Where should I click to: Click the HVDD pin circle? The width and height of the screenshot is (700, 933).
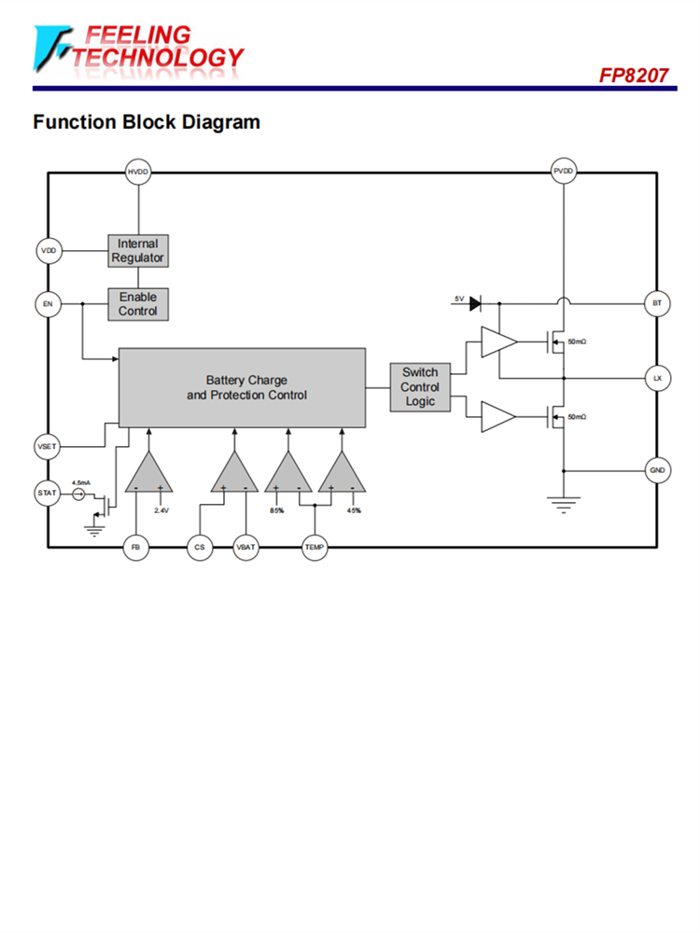[x=138, y=172]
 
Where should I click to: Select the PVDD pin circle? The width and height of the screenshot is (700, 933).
[x=564, y=172]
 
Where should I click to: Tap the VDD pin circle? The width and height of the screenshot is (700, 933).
[x=48, y=251]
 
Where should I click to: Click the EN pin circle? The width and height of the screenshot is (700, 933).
[x=48, y=304]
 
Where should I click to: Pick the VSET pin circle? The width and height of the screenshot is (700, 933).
[x=48, y=446]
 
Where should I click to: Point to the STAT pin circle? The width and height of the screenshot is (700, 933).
[x=48, y=492]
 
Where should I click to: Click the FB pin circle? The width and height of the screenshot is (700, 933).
[x=136, y=548]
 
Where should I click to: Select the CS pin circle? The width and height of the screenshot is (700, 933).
[x=200, y=548]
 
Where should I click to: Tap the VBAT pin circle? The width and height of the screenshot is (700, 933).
[x=245, y=548]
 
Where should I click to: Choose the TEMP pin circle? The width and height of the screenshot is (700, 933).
[x=315, y=548]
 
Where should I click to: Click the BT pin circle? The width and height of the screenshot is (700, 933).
[x=657, y=304]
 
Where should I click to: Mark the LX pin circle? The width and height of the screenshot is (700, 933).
[x=657, y=378]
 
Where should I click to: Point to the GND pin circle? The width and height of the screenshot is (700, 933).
[x=657, y=470]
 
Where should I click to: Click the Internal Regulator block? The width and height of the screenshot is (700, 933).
[x=138, y=251]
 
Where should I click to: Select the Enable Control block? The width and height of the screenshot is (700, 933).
[x=138, y=304]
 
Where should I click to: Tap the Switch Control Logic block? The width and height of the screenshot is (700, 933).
[x=420, y=387]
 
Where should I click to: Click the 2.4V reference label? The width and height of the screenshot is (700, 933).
[x=161, y=511]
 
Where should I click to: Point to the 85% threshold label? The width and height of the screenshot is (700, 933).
[x=276, y=511]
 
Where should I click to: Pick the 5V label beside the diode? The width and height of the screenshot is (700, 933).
[x=458, y=299]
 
